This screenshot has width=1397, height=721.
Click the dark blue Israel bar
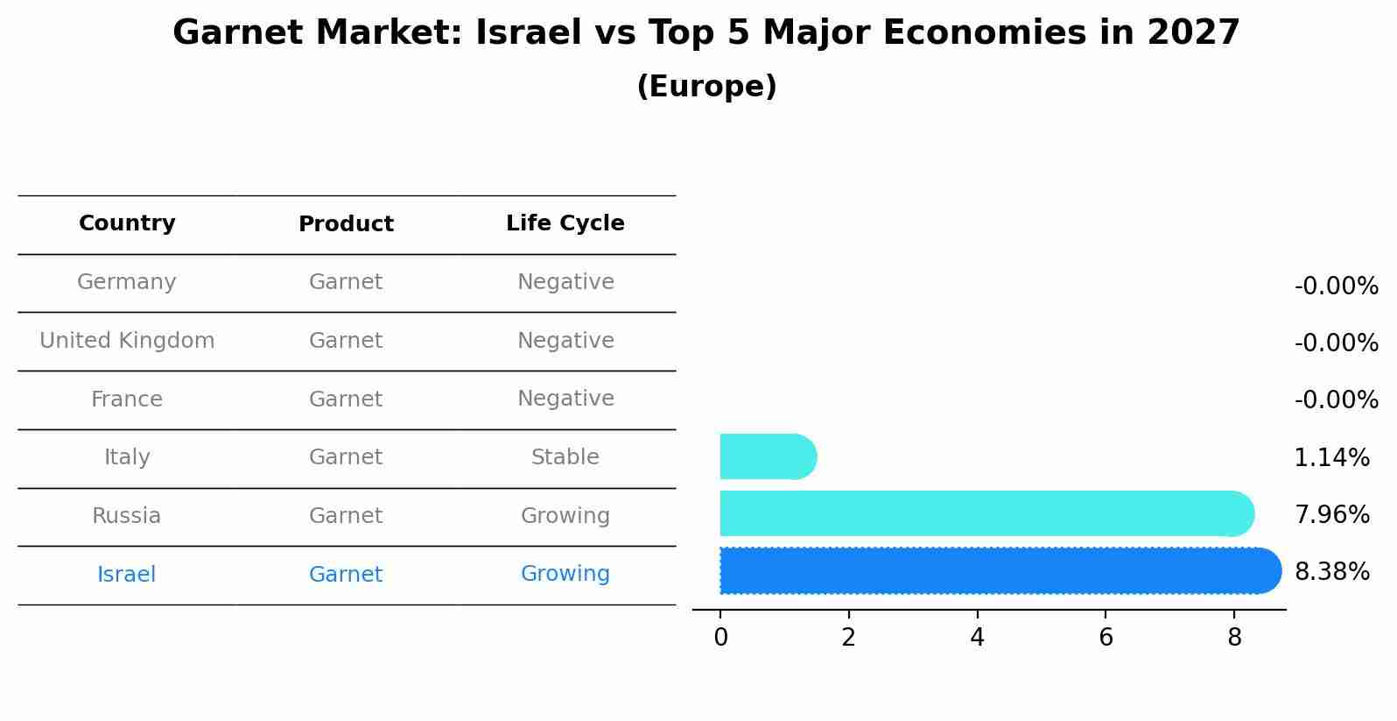(x=998, y=570)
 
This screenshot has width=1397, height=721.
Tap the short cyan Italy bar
(x=767, y=456)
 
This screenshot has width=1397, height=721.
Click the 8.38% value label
(x=1331, y=572)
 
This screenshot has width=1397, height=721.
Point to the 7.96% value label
(x=1331, y=514)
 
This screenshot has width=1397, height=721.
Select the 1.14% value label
(x=1331, y=457)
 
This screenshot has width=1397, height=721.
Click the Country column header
(x=127, y=223)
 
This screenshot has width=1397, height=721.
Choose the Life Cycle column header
(x=565, y=223)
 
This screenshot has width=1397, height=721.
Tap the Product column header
(x=346, y=224)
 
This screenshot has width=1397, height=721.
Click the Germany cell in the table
(x=127, y=282)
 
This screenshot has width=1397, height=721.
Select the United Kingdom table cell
(x=127, y=341)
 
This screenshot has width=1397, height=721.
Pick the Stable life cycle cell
(x=565, y=457)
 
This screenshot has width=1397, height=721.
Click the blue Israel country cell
(x=127, y=575)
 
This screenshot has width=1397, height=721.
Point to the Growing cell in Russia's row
(x=565, y=516)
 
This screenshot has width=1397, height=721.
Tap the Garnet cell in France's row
(x=346, y=399)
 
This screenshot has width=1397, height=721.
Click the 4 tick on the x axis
(x=977, y=638)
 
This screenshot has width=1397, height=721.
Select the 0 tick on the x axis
(x=720, y=638)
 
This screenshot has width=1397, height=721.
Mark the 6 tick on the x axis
(x=1106, y=638)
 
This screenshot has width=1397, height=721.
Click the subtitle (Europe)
(x=706, y=87)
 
